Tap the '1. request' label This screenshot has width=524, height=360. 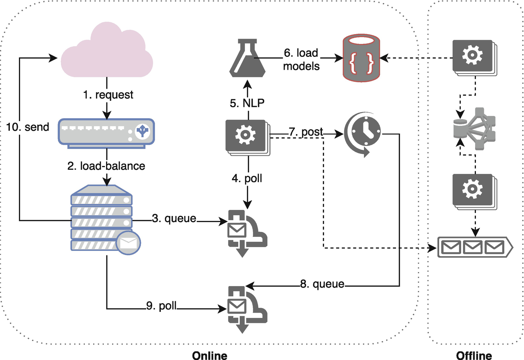pyautogui.click(x=108, y=95)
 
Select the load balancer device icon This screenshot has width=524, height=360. pyautogui.click(x=106, y=133)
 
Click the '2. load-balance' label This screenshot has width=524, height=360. pyautogui.click(x=106, y=166)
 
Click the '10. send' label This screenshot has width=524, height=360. pyautogui.click(x=28, y=127)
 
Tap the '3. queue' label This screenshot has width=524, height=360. pyautogui.click(x=174, y=218)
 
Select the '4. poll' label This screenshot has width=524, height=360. pyautogui.click(x=247, y=178)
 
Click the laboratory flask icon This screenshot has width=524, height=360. pyautogui.click(x=247, y=58)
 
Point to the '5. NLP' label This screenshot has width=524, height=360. pyautogui.click(x=247, y=103)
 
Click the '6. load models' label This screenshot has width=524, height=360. pyautogui.click(x=301, y=59)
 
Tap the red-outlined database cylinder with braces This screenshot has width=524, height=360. pyautogui.click(x=361, y=58)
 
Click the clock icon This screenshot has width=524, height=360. pyautogui.click(x=362, y=134)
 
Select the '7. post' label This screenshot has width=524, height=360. pyautogui.click(x=306, y=132)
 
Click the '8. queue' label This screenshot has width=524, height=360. pyautogui.click(x=322, y=284)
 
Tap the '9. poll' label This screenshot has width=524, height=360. pyautogui.click(x=161, y=306)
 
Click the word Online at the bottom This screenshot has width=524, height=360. pyautogui.click(x=210, y=355)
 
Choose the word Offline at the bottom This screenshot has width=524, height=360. pyautogui.click(x=474, y=355)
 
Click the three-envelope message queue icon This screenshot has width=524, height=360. pyautogui.click(x=475, y=247)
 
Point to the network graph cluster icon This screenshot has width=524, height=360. pyautogui.click(x=474, y=129)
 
